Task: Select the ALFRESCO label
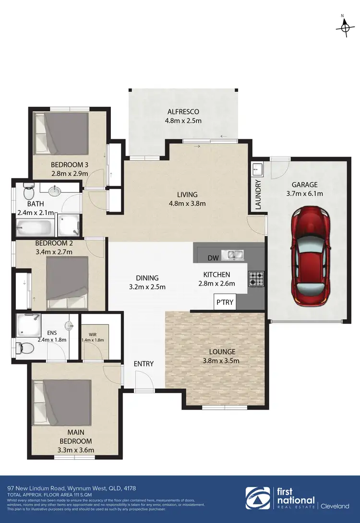click(183, 112)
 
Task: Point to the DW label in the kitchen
click(213, 258)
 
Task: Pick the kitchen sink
click(234, 254)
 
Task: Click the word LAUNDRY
click(258, 194)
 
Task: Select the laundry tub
click(257, 169)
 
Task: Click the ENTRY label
click(144, 364)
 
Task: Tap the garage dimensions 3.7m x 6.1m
click(304, 194)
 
